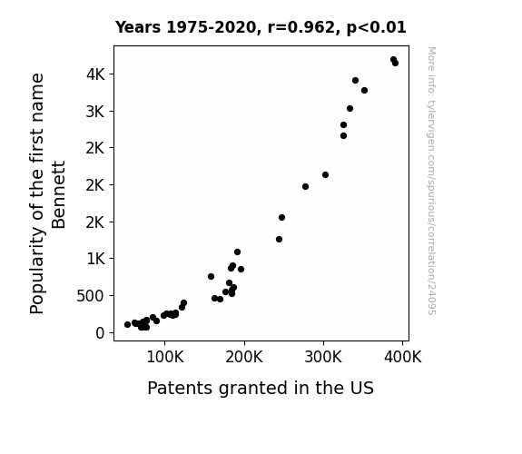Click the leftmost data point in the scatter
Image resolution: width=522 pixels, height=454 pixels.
click(127, 324)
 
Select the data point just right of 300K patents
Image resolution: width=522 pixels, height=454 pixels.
click(326, 175)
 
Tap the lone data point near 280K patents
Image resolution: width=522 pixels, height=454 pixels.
click(306, 186)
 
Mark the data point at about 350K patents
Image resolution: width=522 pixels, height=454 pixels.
click(365, 90)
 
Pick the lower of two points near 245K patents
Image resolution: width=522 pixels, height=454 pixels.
click(280, 239)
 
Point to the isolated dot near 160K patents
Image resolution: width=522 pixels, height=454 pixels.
click(211, 276)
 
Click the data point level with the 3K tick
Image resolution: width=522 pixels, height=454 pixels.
click(350, 109)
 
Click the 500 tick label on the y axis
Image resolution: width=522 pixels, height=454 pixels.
click(91, 296)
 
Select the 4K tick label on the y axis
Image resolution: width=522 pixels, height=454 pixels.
click(95, 74)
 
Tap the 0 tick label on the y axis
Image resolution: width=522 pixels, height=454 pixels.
click(100, 332)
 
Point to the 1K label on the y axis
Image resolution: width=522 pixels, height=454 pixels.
click(96, 259)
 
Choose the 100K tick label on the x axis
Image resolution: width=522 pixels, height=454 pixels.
click(165, 357)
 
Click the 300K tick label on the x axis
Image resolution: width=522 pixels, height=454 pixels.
click(323, 357)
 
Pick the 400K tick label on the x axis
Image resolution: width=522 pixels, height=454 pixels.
click(403, 357)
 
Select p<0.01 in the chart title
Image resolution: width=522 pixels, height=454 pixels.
click(377, 28)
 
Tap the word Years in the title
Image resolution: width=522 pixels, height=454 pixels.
click(138, 27)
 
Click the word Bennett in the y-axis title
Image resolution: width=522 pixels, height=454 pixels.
click(59, 195)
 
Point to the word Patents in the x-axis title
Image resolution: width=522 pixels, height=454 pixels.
click(180, 388)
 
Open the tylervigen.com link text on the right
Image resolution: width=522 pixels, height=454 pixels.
click(431, 181)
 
